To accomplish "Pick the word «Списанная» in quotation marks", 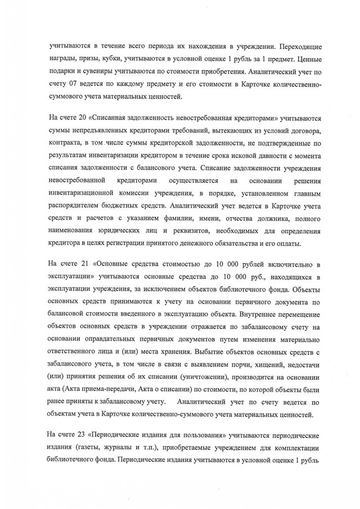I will [120, 119].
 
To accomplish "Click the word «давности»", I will [263, 160].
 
